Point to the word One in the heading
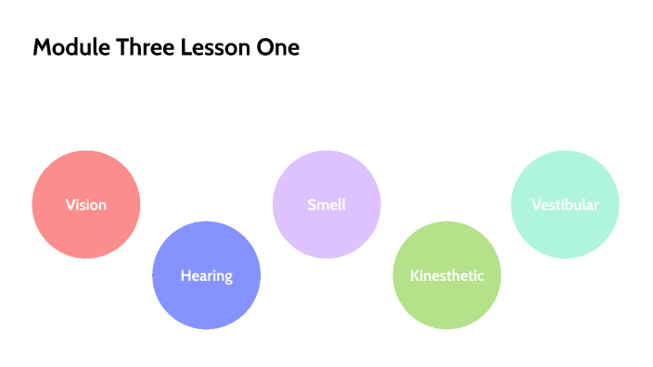point(277,48)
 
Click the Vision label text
point(86,205)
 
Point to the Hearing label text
point(206,275)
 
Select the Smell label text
point(326,205)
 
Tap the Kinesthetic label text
point(447,275)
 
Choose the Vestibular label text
point(565,205)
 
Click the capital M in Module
point(42,48)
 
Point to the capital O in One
point(262,48)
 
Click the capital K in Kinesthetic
point(415,275)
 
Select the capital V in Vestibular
point(536,205)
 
